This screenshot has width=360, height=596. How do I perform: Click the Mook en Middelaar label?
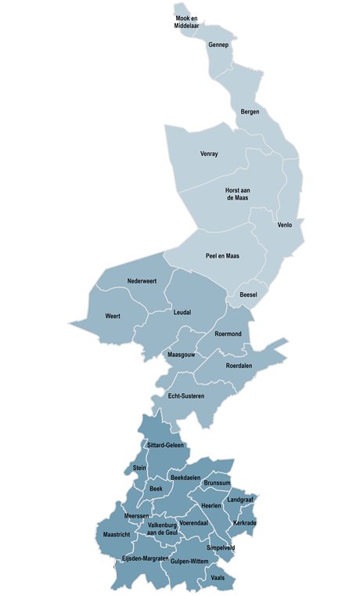coord(186,21)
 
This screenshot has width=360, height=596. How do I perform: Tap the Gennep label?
coord(218,45)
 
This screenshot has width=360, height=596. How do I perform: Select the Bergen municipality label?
coord(250,112)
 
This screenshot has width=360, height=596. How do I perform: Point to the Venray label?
coord(209,154)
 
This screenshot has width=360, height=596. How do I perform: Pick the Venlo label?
coord(284,225)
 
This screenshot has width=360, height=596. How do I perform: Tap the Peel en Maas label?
coord(222,256)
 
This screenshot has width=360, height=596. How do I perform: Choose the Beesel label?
coord(249,294)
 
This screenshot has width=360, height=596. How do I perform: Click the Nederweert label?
coord(142,281)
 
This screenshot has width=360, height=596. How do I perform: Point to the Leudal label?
coord(182,312)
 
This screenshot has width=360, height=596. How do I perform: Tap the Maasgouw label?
coord(182,354)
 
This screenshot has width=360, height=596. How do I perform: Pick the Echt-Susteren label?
coord(186,396)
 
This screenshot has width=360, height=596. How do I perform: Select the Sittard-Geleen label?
coord(164,445)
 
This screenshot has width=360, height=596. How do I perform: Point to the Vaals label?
coord(218,577)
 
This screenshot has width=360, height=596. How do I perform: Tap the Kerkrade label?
coord(244,522)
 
